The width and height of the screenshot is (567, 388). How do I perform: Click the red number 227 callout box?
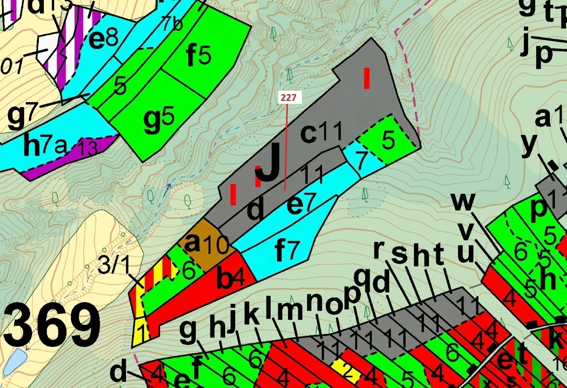click(x=288, y=98)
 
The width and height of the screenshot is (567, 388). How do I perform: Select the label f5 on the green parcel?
click(x=199, y=56)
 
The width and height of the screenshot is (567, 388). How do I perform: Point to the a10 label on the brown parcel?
click(x=206, y=245)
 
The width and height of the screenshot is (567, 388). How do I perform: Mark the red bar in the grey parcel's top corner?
click(x=367, y=78)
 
